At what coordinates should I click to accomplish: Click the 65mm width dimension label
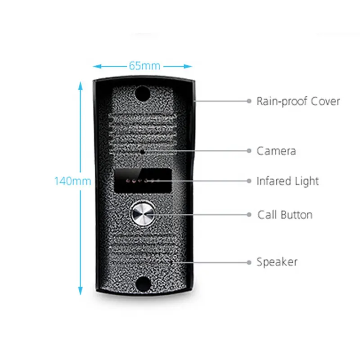(144, 66)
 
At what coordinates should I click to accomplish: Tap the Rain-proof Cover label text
(298, 101)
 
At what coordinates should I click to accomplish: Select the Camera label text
(276, 151)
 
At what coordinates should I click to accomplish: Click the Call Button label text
(285, 215)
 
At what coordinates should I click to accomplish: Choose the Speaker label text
(277, 261)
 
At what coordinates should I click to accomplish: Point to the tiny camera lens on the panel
(143, 152)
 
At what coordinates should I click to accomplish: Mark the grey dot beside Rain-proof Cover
(248, 101)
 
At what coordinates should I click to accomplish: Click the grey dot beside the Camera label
(248, 151)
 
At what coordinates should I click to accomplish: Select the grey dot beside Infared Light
(248, 181)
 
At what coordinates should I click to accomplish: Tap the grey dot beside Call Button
(248, 215)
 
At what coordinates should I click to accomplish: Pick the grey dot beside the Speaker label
(248, 261)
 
